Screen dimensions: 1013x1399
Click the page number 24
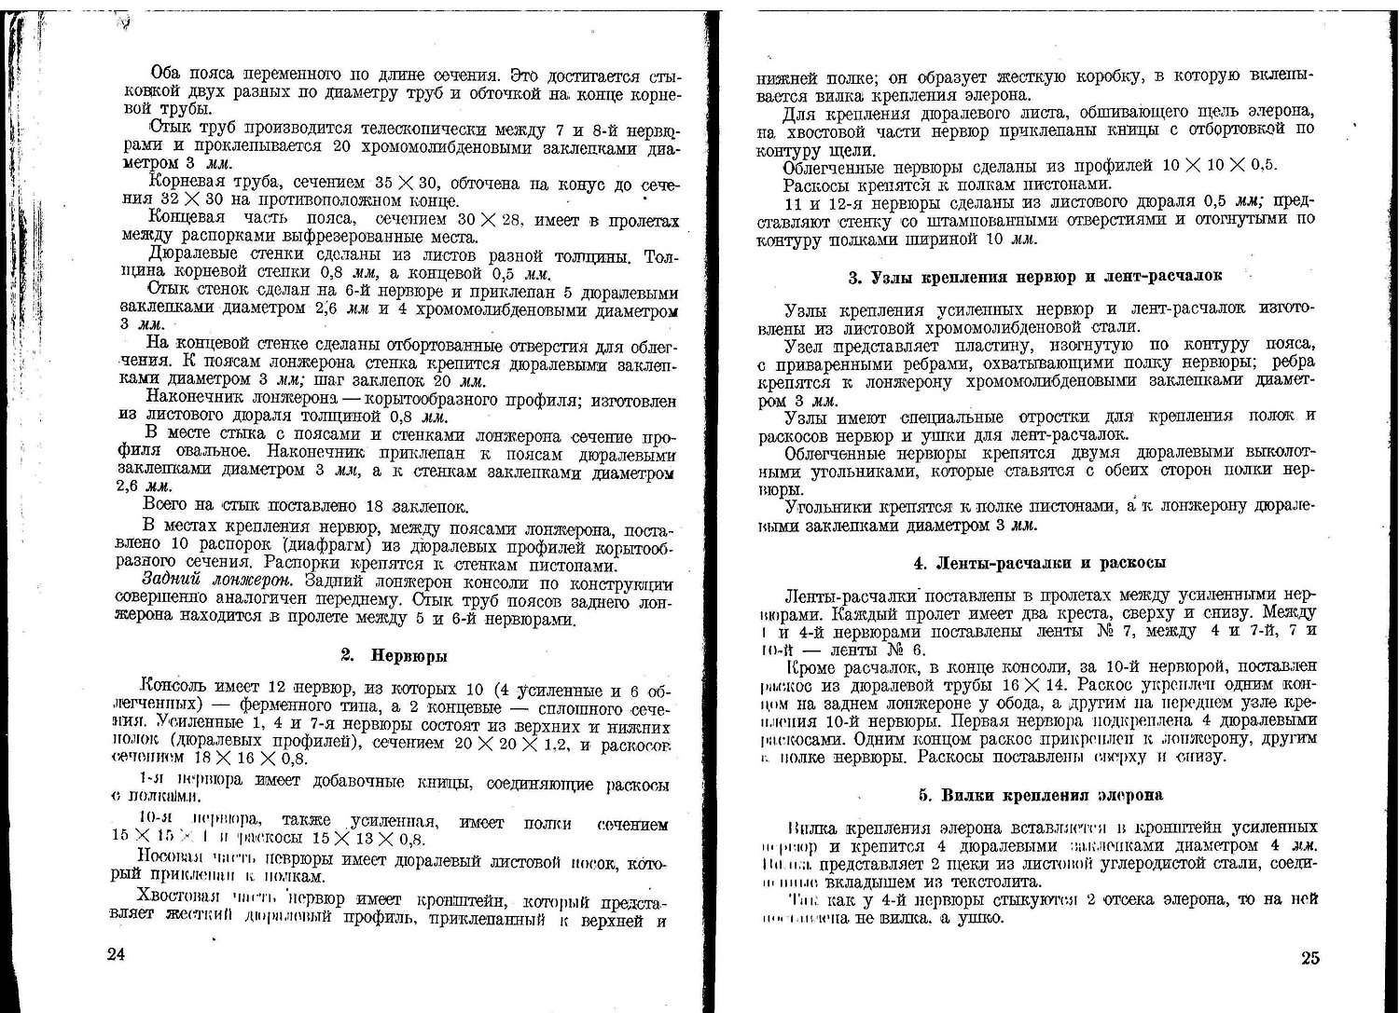point(116,953)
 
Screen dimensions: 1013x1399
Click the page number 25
point(1309,959)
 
